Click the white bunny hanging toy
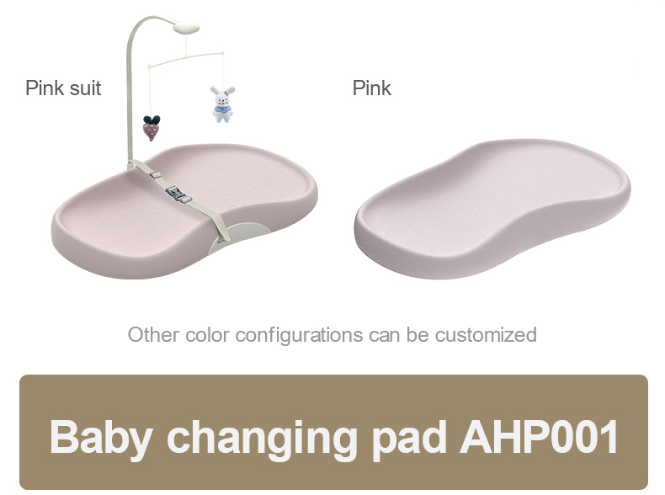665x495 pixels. pyautogui.click(x=223, y=104)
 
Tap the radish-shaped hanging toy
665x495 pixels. pyautogui.click(x=152, y=128)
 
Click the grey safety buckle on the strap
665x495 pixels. pyautogui.click(x=178, y=194)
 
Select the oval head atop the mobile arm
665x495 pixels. pyautogui.click(x=186, y=28)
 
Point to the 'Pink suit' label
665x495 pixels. pyautogui.click(x=63, y=88)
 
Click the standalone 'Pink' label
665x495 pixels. pyautogui.click(x=371, y=88)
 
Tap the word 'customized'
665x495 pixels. pyautogui.click(x=486, y=335)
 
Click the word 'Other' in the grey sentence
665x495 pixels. pyautogui.click(x=153, y=335)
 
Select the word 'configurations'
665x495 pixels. pyautogui.click(x=299, y=336)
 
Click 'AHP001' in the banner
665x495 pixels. pyautogui.click(x=539, y=437)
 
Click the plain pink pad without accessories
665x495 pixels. pyautogui.click(x=492, y=209)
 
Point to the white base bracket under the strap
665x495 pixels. pyautogui.click(x=241, y=237)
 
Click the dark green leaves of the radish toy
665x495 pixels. pyautogui.click(x=152, y=120)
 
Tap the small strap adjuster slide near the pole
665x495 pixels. pyautogui.click(x=155, y=174)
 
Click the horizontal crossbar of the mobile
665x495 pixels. pyautogui.click(x=186, y=60)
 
